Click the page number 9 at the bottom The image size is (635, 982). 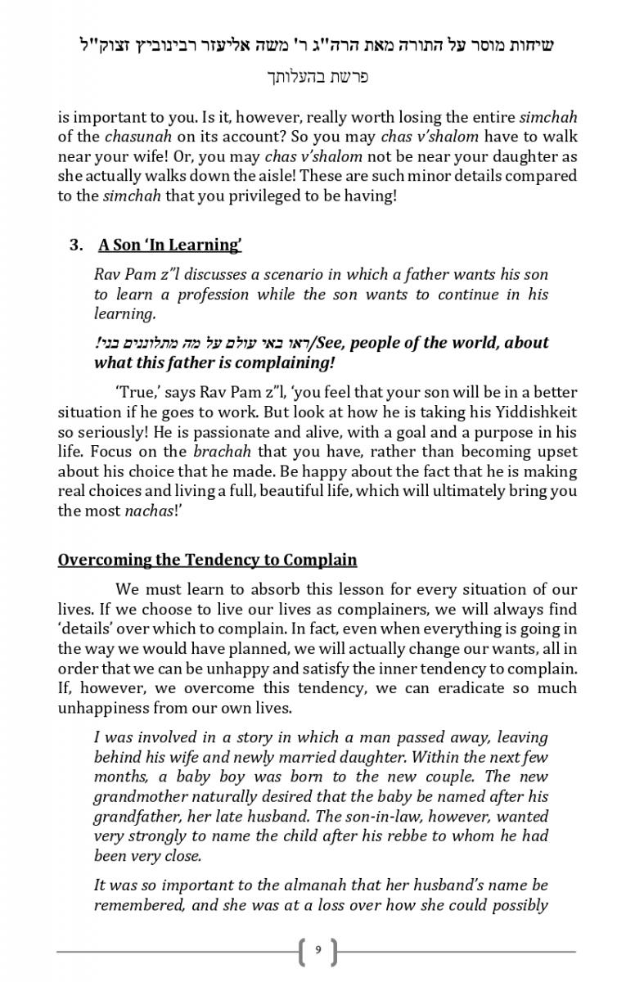(x=317, y=951)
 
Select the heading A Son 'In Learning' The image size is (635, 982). (x=170, y=245)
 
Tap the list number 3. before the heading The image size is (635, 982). (x=77, y=245)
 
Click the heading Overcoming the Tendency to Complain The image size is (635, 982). (x=207, y=561)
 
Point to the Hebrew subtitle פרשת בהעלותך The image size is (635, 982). (x=317, y=78)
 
